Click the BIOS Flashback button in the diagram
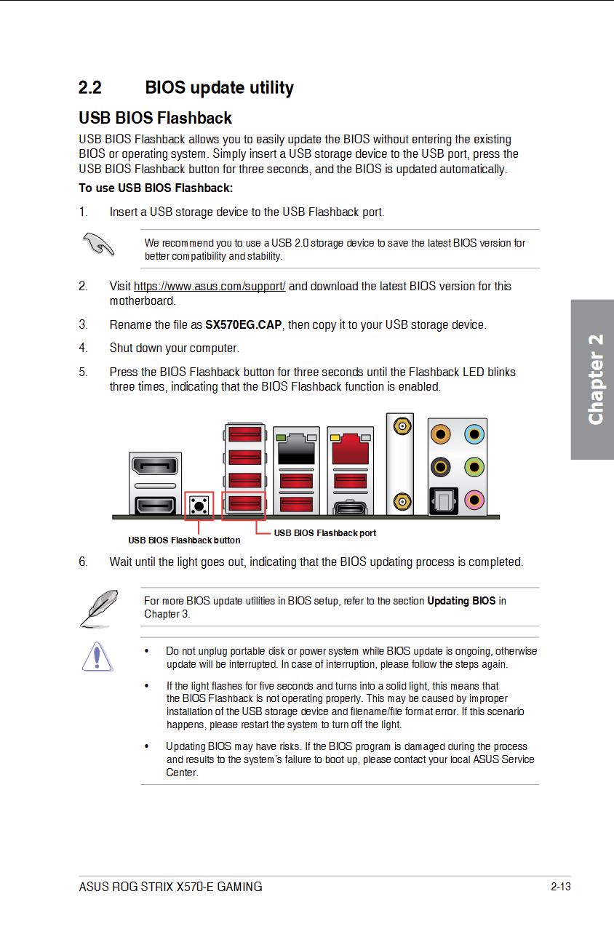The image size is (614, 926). [199, 505]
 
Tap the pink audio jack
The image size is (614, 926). [474, 499]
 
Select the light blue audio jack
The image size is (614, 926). [474, 435]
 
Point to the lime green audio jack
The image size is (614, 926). [474, 466]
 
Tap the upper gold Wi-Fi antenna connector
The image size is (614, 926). [400, 424]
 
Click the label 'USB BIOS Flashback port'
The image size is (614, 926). [324, 533]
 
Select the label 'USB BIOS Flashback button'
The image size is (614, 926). [184, 540]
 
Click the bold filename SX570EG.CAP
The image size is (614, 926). [243, 325]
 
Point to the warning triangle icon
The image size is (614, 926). [97, 656]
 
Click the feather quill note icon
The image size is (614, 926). [98, 608]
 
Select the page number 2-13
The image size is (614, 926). [560, 887]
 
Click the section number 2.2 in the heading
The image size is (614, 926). [90, 88]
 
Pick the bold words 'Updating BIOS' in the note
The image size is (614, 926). [461, 601]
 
